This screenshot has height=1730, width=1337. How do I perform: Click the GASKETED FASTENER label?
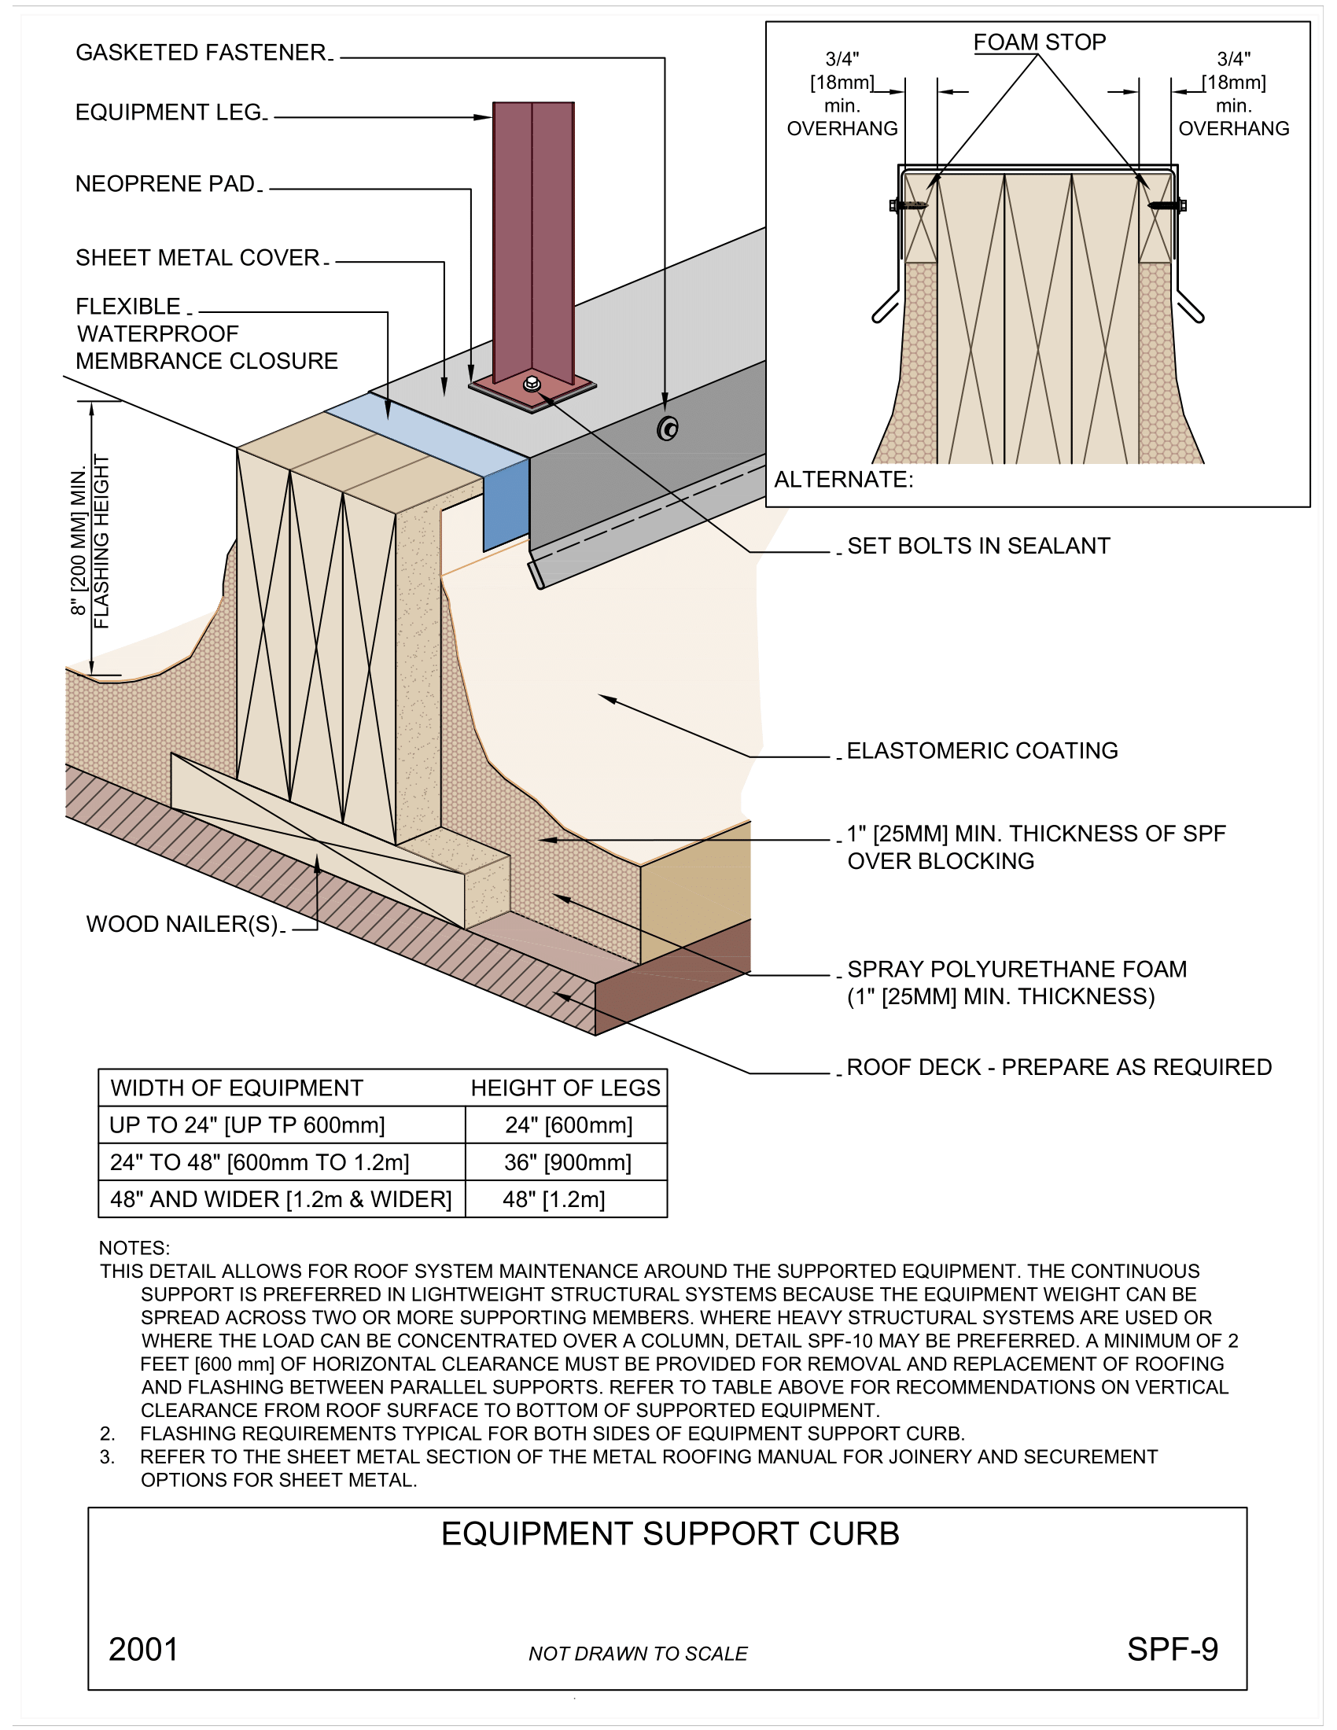click(201, 52)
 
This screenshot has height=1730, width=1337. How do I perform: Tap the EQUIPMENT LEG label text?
click(169, 112)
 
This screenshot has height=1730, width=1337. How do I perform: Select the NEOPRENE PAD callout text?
click(165, 184)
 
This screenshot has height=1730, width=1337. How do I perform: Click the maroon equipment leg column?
click(533, 237)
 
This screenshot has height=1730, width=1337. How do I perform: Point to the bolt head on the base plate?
click(532, 385)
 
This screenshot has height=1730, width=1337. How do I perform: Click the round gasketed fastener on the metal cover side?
click(668, 429)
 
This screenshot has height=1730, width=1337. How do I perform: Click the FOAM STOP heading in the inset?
click(1039, 42)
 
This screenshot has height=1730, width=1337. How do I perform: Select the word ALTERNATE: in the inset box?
click(844, 479)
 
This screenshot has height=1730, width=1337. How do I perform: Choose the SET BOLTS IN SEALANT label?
click(978, 546)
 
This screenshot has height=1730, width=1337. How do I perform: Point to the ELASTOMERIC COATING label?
click(982, 750)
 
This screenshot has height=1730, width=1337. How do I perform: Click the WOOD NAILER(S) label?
click(182, 924)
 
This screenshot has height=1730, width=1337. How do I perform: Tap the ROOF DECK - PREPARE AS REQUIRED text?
click(1059, 1067)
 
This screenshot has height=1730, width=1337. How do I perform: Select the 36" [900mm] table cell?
click(567, 1162)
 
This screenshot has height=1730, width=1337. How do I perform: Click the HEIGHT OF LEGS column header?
click(565, 1088)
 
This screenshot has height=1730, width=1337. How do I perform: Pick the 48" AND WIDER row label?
click(281, 1199)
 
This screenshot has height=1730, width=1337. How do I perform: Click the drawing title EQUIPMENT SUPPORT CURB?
click(670, 1533)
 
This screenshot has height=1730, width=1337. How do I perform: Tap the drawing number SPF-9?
click(1172, 1649)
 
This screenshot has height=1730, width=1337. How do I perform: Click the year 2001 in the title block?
click(143, 1649)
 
